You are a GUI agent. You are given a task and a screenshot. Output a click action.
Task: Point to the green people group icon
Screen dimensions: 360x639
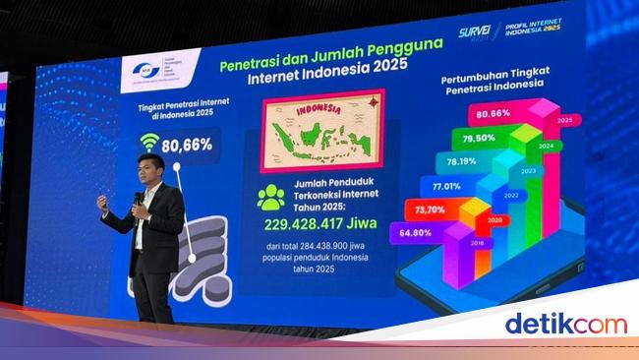(x=269, y=197)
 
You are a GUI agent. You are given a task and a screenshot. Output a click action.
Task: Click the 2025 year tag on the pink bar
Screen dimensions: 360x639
(x=563, y=121)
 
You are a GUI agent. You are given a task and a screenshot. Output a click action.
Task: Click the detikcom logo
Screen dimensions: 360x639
(x=564, y=323)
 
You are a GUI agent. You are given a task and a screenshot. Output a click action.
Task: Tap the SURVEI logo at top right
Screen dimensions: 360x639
(x=478, y=32)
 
